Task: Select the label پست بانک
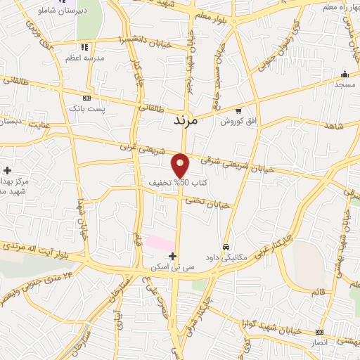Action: [x=86, y=109]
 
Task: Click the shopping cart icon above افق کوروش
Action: [x=238, y=110]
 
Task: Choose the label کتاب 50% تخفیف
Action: [x=176, y=183]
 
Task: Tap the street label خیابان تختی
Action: [x=208, y=203]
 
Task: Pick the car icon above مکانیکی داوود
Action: [x=226, y=247]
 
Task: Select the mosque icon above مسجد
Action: [x=345, y=75]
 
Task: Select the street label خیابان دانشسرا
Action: [x=143, y=39]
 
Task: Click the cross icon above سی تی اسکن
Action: [x=173, y=257]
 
